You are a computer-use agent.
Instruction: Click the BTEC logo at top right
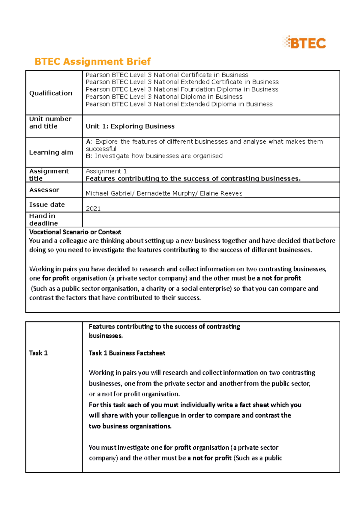click(304, 43)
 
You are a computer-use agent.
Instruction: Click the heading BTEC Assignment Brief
click(92, 61)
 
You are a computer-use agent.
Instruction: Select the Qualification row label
click(51, 93)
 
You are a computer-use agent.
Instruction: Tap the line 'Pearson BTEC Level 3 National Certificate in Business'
click(167, 75)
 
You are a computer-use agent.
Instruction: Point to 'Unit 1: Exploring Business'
click(130, 126)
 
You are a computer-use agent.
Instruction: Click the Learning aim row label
click(51, 152)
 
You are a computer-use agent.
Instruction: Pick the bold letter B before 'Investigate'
click(88, 156)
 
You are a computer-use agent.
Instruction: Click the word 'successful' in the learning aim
click(101, 149)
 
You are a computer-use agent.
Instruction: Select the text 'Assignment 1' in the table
click(106, 171)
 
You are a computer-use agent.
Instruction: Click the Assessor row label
click(44, 190)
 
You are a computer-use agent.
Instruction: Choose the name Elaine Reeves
click(221, 193)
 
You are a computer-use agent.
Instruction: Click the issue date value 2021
click(93, 209)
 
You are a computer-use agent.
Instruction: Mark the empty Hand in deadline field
click(211, 220)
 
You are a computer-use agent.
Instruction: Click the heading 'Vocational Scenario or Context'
click(75, 232)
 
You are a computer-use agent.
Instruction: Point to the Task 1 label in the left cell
click(38, 353)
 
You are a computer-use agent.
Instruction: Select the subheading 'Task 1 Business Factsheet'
click(127, 353)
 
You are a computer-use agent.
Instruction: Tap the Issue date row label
click(47, 205)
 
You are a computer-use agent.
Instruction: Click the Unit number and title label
click(50, 123)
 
